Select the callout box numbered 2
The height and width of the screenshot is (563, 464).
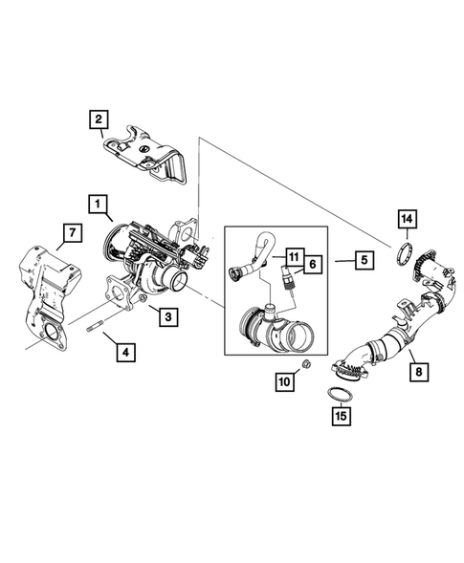97,119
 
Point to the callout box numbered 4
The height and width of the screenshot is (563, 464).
125,352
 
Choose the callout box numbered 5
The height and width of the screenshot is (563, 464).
362,259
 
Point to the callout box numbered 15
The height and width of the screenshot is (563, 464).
342,416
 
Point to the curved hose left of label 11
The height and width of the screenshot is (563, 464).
251,256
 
